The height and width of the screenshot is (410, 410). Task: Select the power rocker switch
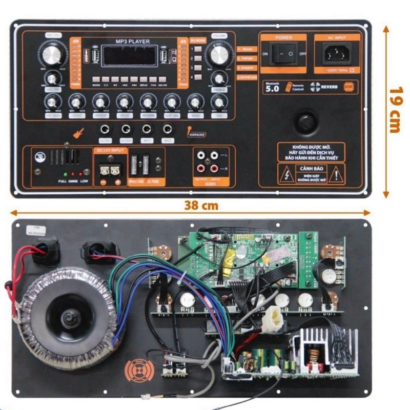coord(284,53)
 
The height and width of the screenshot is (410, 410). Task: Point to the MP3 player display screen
coord(129,55)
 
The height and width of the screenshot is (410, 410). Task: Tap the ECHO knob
coord(76,102)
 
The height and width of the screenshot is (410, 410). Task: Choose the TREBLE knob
coord(219,78)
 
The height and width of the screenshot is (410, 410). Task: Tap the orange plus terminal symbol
coord(117,182)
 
